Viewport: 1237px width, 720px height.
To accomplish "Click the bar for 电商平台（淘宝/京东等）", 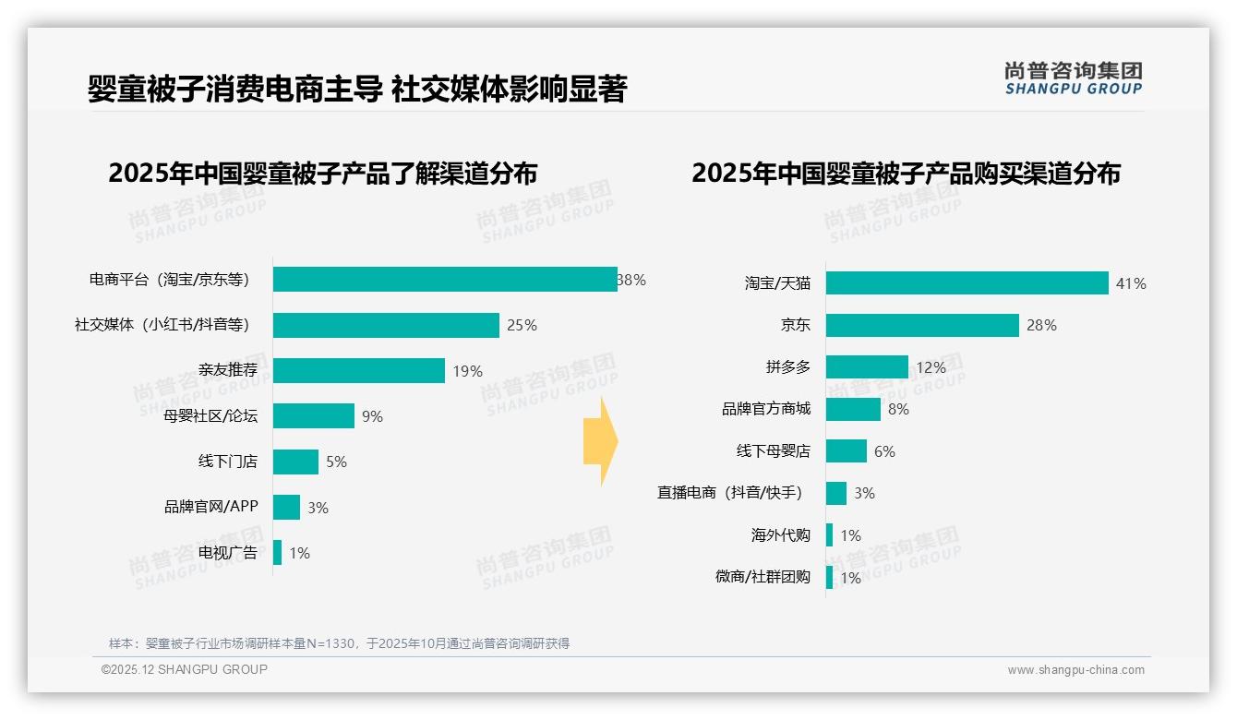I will (x=444, y=280).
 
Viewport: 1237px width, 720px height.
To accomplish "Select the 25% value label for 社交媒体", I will (x=522, y=325).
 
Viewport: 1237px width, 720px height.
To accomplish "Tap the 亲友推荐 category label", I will (x=227, y=371).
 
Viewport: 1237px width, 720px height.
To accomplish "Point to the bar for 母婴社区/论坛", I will (x=313, y=416).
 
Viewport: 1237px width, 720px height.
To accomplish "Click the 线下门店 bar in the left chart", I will (x=295, y=462).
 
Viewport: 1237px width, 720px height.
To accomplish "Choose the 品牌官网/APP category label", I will (x=210, y=507).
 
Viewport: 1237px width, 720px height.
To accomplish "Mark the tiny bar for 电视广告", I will (x=277, y=553).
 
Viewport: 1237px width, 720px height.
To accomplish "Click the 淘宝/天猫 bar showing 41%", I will (x=967, y=283).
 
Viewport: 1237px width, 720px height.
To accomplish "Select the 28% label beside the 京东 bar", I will (x=1041, y=325).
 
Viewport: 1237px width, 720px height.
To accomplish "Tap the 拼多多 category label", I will (x=787, y=367).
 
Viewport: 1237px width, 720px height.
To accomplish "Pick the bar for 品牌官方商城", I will (x=853, y=409).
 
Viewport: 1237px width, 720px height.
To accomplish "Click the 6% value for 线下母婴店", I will (x=884, y=451).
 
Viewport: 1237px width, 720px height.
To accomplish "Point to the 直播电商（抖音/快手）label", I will (x=729, y=493).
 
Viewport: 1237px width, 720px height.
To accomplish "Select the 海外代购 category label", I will (x=780, y=535).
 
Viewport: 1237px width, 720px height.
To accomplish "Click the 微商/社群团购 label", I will (x=763, y=577).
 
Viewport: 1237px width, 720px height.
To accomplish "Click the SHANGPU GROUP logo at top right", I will (x=1073, y=78).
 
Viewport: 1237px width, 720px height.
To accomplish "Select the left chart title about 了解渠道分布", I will (x=322, y=174).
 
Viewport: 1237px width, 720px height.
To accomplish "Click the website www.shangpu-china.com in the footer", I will (x=1075, y=670).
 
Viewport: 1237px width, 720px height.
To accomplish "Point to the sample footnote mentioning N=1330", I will (x=339, y=643).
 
